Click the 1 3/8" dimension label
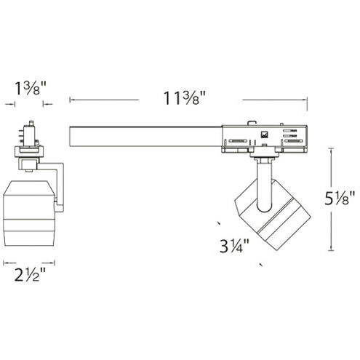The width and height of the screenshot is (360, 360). pyautogui.click(x=31, y=88)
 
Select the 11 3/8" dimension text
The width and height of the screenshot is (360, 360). pyautogui.click(x=185, y=98)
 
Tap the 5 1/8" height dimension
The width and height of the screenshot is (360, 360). pyautogui.click(x=340, y=198)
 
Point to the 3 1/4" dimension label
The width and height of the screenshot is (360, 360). pyautogui.click(x=234, y=246)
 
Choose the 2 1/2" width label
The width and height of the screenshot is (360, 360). pyautogui.click(x=30, y=275)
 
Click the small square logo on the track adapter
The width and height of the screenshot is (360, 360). pyautogui.click(x=264, y=135)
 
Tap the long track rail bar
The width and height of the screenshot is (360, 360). pyautogui.click(x=145, y=137)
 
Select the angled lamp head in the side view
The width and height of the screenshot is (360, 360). pyautogui.click(x=273, y=215)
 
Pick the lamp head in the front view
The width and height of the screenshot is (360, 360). pyautogui.click(x=29, y=213)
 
